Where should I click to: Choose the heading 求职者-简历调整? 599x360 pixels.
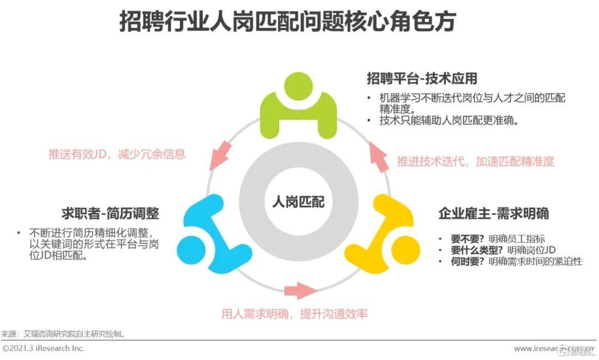(111, 214)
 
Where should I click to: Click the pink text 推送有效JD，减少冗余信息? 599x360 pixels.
(117, 154)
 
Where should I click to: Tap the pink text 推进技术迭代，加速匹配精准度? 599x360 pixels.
(475, 161)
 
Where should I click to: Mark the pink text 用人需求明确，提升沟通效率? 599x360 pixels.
(295, 314)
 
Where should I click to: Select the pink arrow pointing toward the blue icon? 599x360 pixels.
(220, 154)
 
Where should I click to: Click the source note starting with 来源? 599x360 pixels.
(63, 334)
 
